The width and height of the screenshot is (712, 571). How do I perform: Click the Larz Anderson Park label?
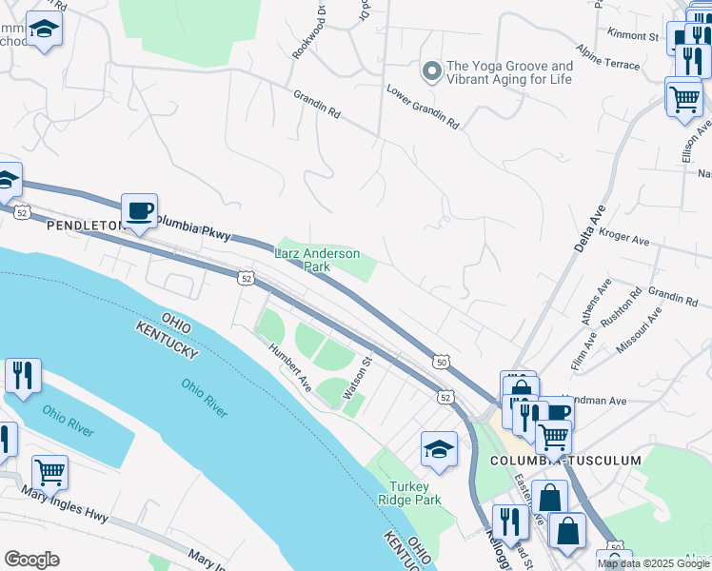tap(317, 260)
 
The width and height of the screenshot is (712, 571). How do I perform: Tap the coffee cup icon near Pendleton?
tap(140, 211)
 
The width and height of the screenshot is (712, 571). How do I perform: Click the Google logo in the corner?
tap(31, 559)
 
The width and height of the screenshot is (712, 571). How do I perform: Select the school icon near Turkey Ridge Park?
tap(439, 450)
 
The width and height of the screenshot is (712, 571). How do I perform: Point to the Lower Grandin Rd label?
tap(423, 107)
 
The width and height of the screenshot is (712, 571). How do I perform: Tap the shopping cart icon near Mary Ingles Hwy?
tap(49, 472)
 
